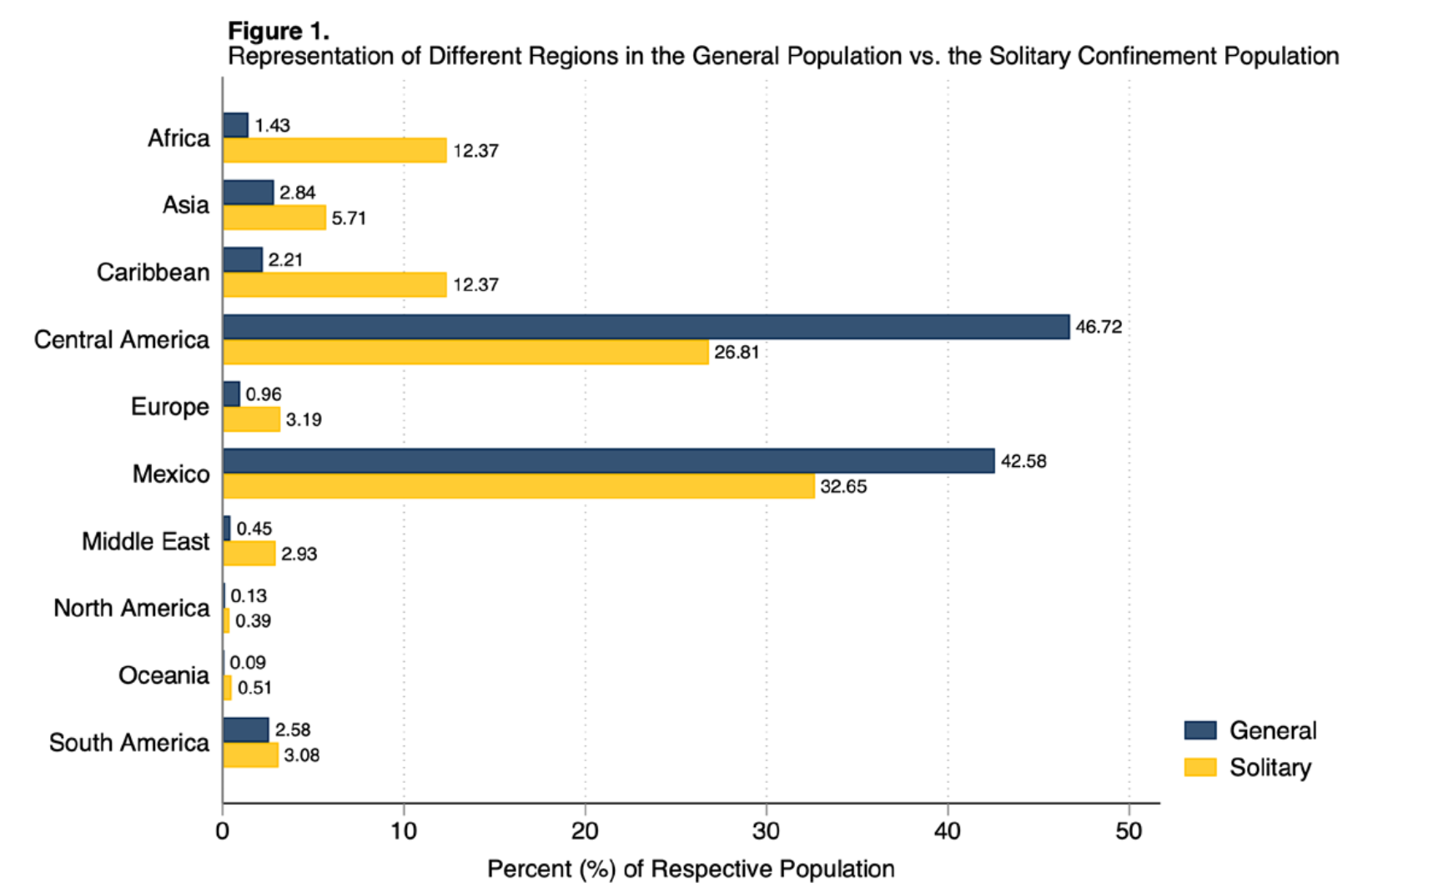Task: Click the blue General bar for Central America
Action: pos(646,327)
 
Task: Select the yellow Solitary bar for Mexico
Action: pos(518,486)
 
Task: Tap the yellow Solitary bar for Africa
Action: pos(334,150)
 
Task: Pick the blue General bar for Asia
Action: pos(248,193)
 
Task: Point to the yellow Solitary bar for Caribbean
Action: pos(334,284)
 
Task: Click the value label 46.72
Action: pos(1099,327)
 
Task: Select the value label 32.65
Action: pos(843,486)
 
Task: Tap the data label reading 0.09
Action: pos(248,663)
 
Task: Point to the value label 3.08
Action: pos(301,755)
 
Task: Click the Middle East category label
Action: pos(145,542)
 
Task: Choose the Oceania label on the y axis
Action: pos(163,675)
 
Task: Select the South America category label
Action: pos(128,743)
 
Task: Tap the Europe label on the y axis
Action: pos(169,407)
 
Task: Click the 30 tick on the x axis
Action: pos(766,831)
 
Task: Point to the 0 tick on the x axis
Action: pos(223,831)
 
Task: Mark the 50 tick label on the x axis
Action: pos(1129,831)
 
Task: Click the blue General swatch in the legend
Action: pos(1199,730)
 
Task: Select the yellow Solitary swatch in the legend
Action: pos(1199,767)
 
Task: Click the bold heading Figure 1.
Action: pos(279,31)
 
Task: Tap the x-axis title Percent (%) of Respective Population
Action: pos(691,869)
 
